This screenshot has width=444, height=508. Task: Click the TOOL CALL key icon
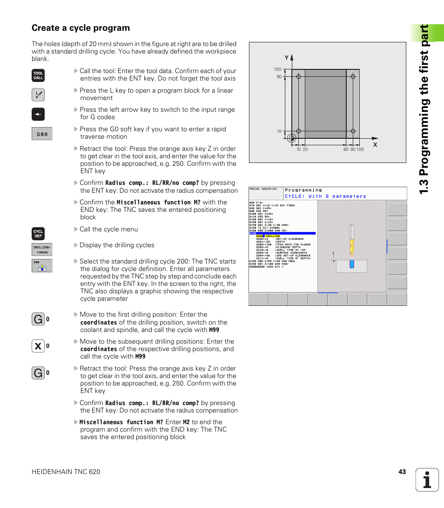coord(38,75)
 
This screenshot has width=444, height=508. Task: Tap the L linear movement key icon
coord(38,95)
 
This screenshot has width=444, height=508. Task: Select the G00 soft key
coord(42,134)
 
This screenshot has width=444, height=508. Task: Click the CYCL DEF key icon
coord(38,234)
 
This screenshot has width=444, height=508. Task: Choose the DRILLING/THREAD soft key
coord(42,250)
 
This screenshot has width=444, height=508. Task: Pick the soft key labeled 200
coord(42,266)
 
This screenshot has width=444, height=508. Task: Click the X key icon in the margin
coord(38,346)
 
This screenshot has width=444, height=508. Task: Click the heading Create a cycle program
coord(81,28)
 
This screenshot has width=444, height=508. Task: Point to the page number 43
coord(402,472)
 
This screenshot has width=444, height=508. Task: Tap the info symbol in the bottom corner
coord(427,480)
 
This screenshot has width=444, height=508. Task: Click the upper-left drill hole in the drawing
coord(299,76)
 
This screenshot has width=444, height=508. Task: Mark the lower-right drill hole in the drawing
coord(353,131)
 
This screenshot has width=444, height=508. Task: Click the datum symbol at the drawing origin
coord(292,138)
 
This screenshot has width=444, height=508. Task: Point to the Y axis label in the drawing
coord(287,58)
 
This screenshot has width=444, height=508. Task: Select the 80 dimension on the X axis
coord(346,149)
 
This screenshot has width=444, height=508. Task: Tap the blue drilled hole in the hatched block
coord(352,264)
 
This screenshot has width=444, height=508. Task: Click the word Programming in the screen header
coord(303,190)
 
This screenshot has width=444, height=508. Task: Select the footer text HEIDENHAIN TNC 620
coord(66,472)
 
